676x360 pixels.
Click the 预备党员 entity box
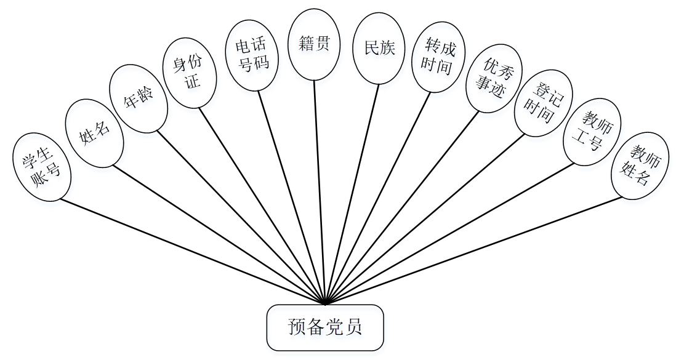click(324, 327)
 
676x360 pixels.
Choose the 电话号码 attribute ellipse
click(252, 55)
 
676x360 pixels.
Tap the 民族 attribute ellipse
click(379, 48)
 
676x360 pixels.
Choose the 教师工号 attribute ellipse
click(592, 136)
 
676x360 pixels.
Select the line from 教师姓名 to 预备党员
click(473, 250)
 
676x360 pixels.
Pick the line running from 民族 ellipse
click(352, 193)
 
